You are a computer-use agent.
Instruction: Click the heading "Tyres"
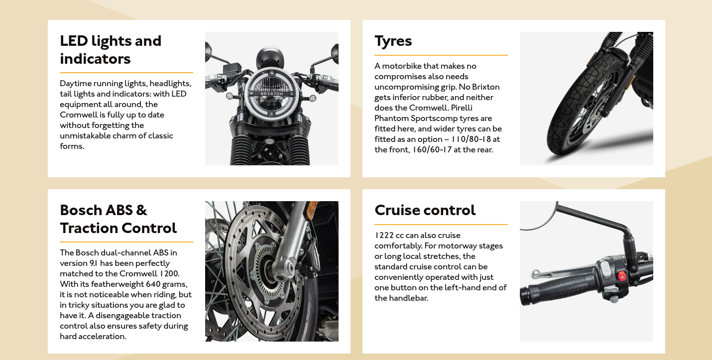393,41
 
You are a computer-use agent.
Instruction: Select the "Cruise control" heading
425,210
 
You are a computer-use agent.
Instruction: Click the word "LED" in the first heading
74,41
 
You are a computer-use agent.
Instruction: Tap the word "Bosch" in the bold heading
81,210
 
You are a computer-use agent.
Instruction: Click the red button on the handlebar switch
622,276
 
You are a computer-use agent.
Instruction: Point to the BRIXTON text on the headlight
272,94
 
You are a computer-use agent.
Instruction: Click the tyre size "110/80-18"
471,139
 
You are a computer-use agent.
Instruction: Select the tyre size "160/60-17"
432,150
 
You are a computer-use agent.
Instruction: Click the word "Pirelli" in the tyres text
462,108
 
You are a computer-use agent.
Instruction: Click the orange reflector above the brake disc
312,210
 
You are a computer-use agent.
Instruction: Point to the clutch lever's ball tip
535,273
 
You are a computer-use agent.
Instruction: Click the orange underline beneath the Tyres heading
441,55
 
